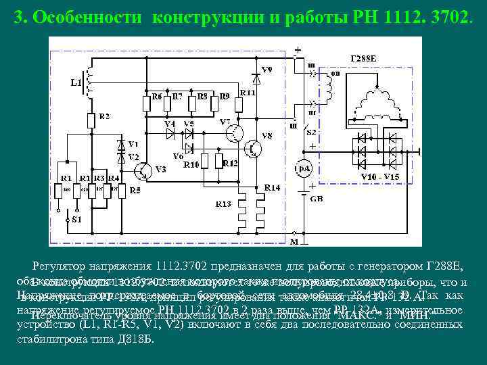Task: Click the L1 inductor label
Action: (x=75, y=83)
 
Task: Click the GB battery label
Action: (x=316, y=198)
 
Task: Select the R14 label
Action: (x=272, y=187)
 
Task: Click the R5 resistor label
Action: (x=135, y=190)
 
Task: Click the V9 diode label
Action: (x=268, y=70)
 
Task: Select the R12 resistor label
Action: (x=230, y=164)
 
